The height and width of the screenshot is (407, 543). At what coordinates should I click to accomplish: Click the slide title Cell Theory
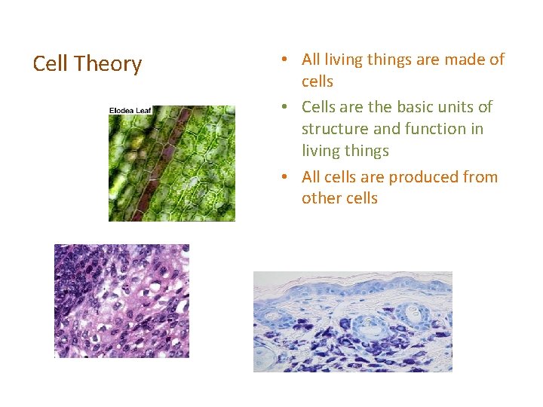click(87, 65)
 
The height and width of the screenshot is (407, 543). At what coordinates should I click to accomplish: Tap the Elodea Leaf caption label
click(130, 111)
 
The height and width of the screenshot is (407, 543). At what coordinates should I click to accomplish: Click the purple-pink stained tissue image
click(121, 301)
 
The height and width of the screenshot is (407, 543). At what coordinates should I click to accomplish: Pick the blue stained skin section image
click(352, 321)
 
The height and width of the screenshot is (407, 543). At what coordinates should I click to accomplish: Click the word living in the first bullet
click(343, 59)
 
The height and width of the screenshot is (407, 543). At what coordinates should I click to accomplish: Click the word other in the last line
click(320, 199)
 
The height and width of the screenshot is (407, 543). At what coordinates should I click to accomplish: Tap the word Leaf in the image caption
click(143, 111)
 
